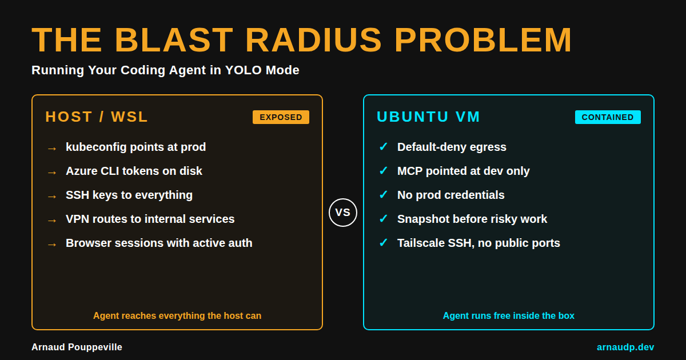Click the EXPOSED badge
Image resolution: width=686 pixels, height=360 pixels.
point(281,117)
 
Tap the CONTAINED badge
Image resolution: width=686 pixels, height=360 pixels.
point(608,117)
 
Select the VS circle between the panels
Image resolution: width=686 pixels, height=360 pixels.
point(343,213)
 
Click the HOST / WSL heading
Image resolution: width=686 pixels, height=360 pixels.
point(97,117)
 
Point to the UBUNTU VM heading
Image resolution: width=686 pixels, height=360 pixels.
point(428,117)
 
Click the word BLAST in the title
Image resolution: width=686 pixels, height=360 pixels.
point(174,40)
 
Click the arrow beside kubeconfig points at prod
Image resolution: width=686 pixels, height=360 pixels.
point(51,148)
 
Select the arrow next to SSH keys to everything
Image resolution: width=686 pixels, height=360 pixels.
point(51,196)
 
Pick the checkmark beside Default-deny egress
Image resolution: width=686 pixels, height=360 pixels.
point(383,147)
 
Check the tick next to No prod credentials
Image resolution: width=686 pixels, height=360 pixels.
point(383,195)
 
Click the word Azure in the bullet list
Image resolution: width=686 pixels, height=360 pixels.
point(81,171)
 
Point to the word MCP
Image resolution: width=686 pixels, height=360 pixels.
point(409,171)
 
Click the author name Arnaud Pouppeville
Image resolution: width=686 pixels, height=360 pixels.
point(77,347)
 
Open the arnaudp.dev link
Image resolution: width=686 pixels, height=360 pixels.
point(625,347)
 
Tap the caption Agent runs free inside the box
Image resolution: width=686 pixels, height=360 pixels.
point(509,315)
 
